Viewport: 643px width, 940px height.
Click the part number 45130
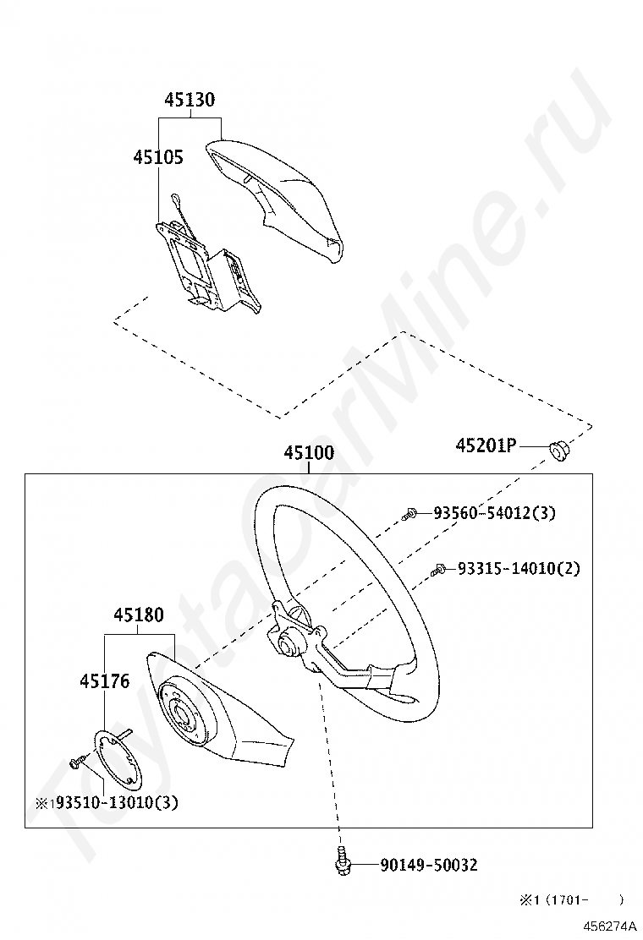(x=190, y=100)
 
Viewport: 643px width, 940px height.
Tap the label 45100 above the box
(x=309, y=453)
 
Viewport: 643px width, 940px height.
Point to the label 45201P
(x=486, y=445)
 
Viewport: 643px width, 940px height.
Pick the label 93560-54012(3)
(x=495, y=513)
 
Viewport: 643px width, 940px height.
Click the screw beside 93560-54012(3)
(x=409, y=512)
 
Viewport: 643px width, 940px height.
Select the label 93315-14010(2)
(x=519, y=569)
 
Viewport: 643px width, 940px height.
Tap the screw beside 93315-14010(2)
(x=438, y=570)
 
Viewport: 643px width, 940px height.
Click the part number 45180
(x=140, y=615)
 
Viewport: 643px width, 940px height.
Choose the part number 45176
(x=105, y=681)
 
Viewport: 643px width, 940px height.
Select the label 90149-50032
(x=429, y=865)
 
